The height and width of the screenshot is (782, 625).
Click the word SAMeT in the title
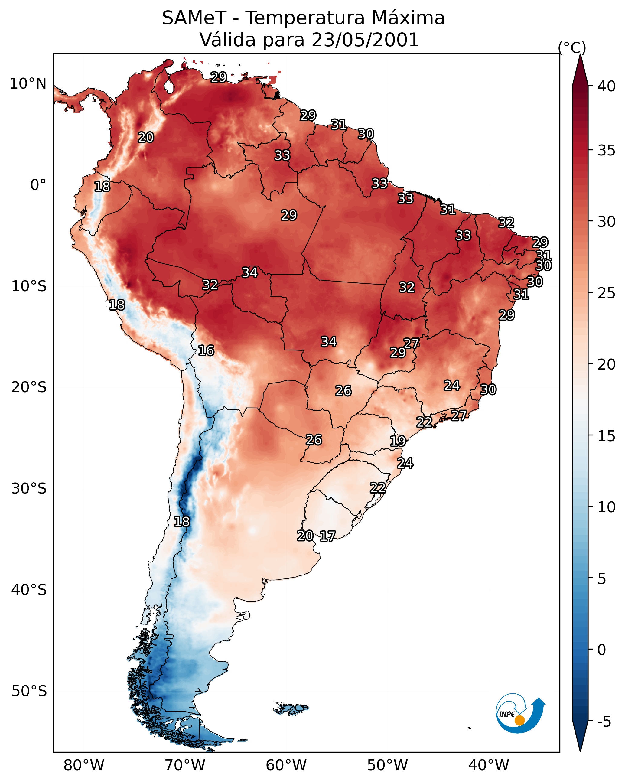click(194, 18)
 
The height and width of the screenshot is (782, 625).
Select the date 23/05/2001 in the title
click(365, 40)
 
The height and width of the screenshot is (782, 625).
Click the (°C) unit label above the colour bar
click(572, 47)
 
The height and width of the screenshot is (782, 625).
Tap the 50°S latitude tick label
click(29, 691)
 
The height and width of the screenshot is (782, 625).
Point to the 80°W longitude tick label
click(84, 765)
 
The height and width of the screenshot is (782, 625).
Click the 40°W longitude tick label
click(489, 765)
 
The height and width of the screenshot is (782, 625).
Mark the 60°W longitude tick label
click(286, 765)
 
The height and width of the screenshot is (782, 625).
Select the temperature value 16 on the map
click(206, 350)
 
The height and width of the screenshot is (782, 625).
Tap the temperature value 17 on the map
click(327, 536)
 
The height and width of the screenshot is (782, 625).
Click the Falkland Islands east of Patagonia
click(291, 709)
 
